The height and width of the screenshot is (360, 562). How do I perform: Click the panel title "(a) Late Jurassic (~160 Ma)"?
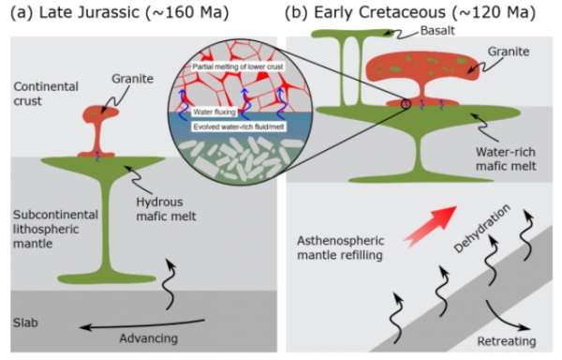coord(119,13)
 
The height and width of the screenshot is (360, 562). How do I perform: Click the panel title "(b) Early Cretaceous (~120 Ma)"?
coord(410,13)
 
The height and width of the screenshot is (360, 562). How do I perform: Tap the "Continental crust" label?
coord(46,94)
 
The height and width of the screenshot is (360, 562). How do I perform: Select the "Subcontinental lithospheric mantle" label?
coord(55,229)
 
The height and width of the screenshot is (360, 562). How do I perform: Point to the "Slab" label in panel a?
coord(25,322)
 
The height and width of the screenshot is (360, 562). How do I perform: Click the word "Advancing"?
coord(148,338)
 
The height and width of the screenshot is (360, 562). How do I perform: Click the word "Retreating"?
coord(507,341)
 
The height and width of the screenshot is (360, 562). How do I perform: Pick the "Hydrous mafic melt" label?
coord(166,209)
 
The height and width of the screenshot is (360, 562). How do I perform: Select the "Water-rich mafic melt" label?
coord(506,158)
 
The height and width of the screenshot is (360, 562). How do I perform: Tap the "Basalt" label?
coord(437,31)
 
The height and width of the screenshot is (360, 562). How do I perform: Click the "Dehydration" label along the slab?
coord(481,229)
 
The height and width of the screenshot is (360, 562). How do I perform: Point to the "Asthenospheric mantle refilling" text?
coord(340,247)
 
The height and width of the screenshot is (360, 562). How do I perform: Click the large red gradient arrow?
coord(431,225)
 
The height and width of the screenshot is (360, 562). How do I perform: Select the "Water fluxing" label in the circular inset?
coord(214,112)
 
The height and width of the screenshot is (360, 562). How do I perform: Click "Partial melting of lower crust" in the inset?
coord(238,67)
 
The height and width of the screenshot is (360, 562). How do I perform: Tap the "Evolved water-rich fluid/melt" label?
coord(239,127)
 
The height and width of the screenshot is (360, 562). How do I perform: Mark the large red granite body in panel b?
coord(422,77)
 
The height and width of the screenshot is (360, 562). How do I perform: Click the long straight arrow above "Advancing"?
coord(142,325)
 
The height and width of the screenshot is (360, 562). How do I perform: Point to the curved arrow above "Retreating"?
coord(507,317)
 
